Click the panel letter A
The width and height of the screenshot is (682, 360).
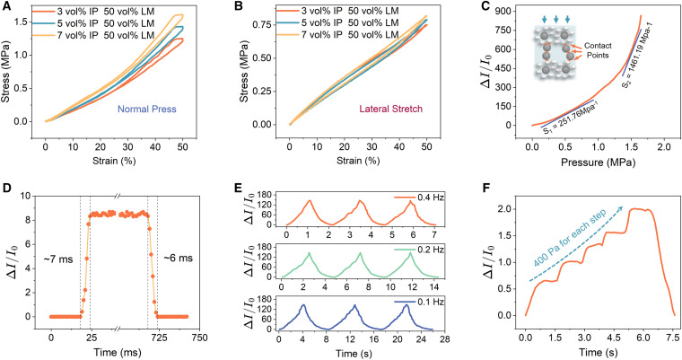pyautogui.click(x=6, y=7)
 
